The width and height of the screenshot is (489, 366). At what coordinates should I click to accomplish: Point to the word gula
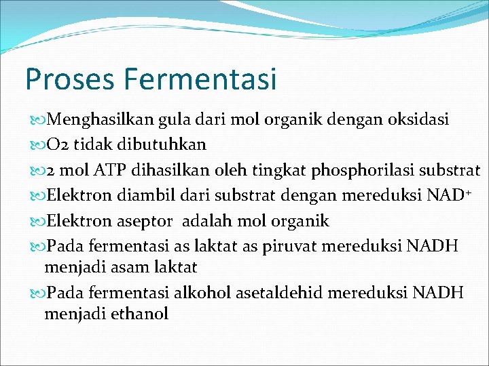175,120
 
